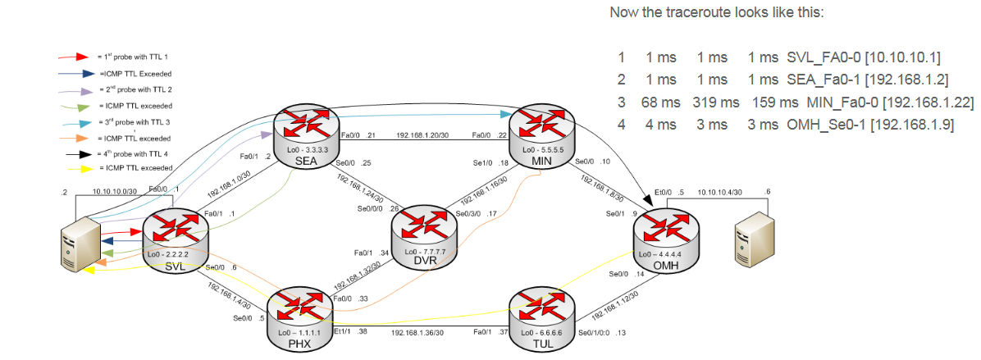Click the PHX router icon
pyautogui.click(x=300, y=315)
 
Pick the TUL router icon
pyautogui.click(x=541, y=316)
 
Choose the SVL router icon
pyautogui.click(x=177, y=236)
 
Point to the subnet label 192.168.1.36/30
pyautogui.click(x=417, y=333)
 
